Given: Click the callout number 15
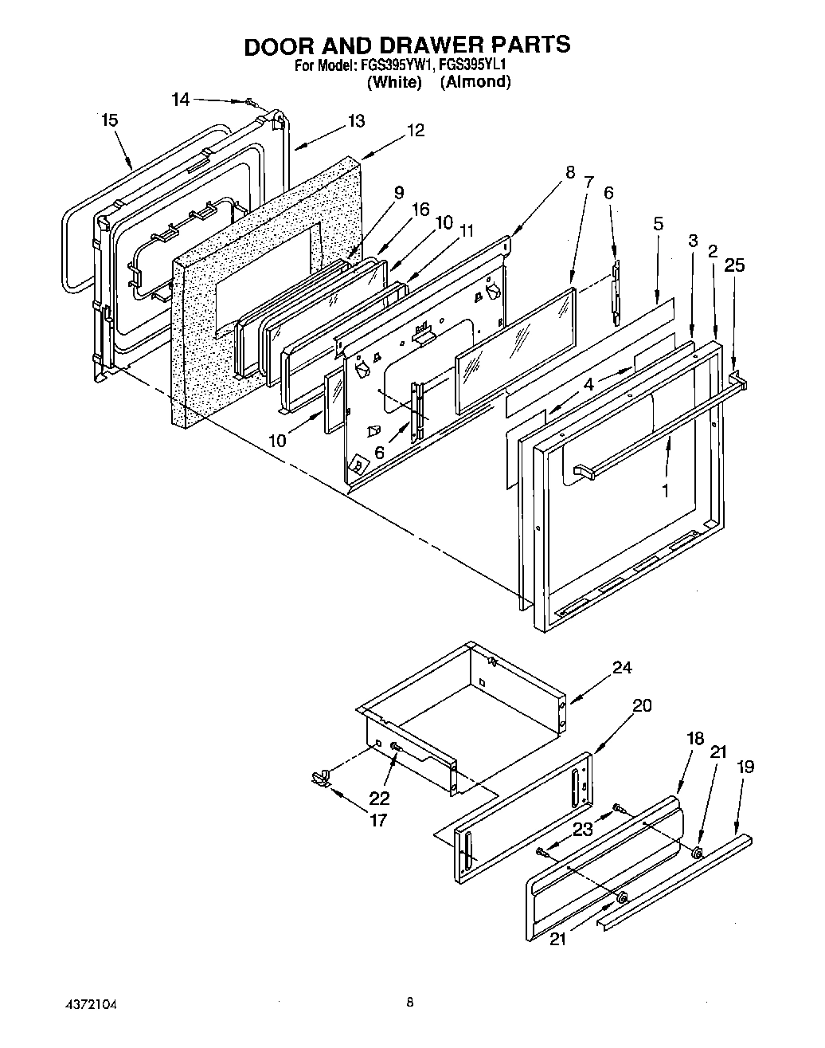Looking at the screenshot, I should [x=110, y=120].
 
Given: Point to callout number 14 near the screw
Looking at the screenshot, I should [x=181, y=100].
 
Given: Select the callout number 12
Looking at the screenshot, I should [x=415, y=130].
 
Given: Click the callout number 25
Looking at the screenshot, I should [x=734, y=265].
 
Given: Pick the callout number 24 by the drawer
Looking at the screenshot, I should [x=622, y=668].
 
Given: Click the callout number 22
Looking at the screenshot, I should [x=379, y=798].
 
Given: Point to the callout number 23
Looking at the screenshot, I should [x=583, y=829].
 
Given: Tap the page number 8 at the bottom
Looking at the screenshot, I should [x=409, y=1003].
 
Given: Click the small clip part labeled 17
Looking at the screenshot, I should [x=321, y=778].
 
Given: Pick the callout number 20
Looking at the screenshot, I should [x=642, y=705].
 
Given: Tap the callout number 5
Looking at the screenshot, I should [x=658, y=224].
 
